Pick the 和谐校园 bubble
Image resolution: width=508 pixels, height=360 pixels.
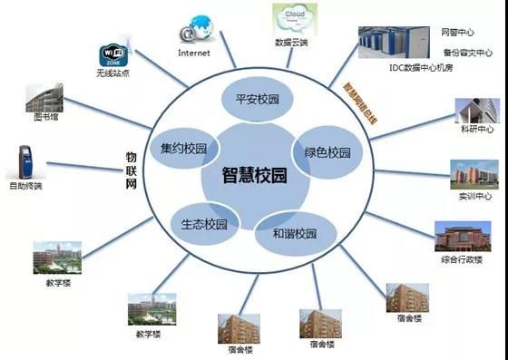tap(294, 233)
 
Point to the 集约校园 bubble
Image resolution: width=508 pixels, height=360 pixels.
tap(183, 148)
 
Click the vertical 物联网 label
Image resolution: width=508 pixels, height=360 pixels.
tap(130, 169)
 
